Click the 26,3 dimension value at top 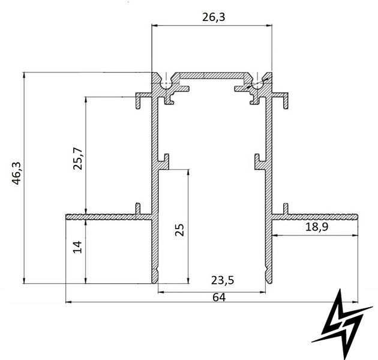point(214,17)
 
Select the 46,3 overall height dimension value point(16,173)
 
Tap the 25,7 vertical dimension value point(77,158)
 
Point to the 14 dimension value point(77,247)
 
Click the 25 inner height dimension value point(179,230)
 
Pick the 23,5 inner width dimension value point(223,280)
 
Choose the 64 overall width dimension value point(219,298)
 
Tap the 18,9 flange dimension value point(317,227)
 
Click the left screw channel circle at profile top point(166,85)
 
